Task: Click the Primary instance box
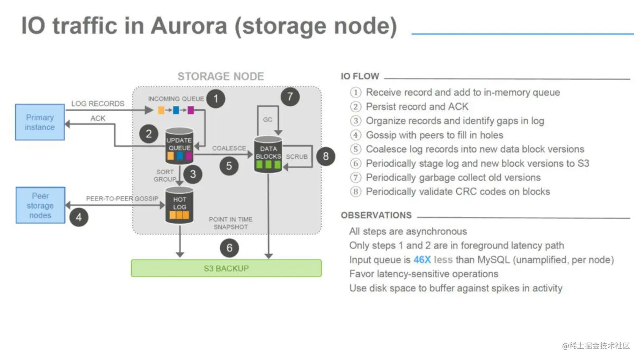point(40,122)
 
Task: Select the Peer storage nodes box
point(40,205)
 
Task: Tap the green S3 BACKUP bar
point(226,268)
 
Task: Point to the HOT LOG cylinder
point(179,205)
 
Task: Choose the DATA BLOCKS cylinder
point(268,154)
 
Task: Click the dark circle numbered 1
point(216,99)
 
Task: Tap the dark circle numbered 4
point(79,217)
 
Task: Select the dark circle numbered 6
point(229,248)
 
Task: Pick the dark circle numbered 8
point(326,157)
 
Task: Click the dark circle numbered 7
point(290,97)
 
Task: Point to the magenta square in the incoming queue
point(191,110)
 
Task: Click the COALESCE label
point(229,148)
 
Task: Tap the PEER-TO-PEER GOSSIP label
point(122,198)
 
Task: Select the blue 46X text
point(422,260)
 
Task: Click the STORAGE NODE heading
point(221,77)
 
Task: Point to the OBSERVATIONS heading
point(376,215)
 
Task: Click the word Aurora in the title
point(188,26)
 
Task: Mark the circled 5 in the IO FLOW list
point(356,149)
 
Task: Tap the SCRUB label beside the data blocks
point(297,157)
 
